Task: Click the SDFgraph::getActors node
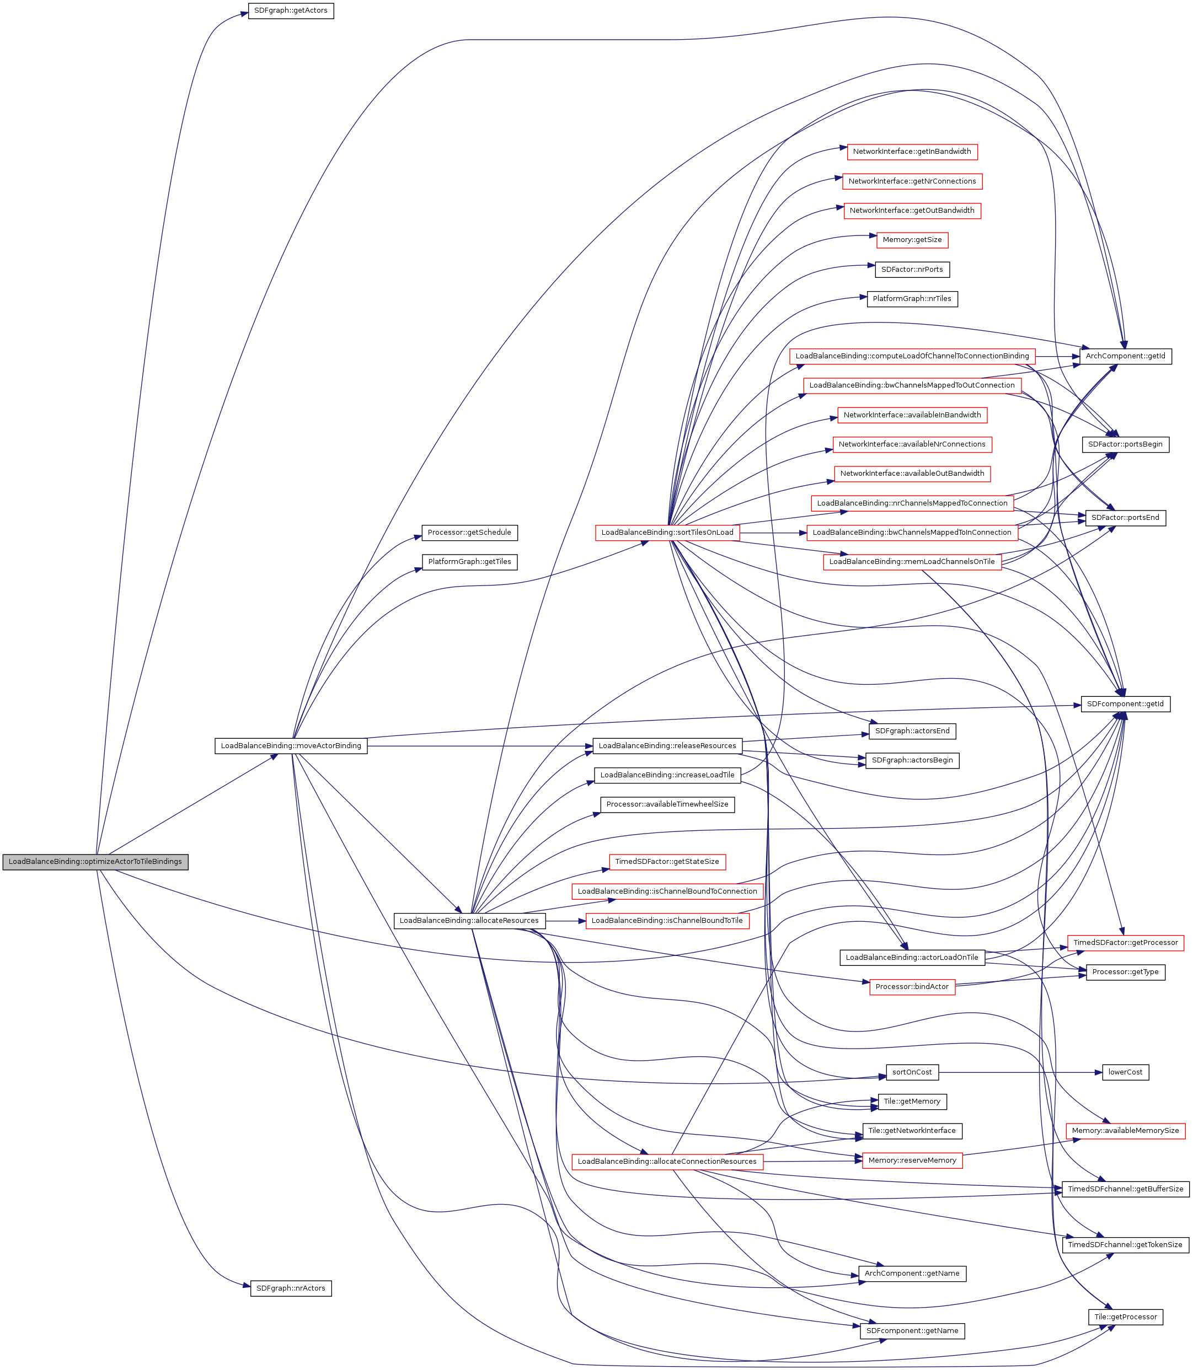tap(290, 10)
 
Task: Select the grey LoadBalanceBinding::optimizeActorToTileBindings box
tap(95, 862)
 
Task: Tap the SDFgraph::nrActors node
tap(290, 1289)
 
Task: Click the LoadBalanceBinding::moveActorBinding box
tap(290, 746)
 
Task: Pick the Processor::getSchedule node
tap(469, 533)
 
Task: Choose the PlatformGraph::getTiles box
tap(469, 562)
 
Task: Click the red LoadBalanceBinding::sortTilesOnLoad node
tap(667, 533)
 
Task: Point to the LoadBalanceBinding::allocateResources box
tap(469, 921)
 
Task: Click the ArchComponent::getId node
tap(1125, 357)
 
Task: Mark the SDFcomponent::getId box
tap(1125, 704)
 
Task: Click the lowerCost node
tap(1125, 1073)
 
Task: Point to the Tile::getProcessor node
tap(1125, 1318)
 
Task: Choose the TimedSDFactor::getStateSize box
tap(666, 862)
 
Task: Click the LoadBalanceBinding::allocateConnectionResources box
tap(666, 1162)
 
